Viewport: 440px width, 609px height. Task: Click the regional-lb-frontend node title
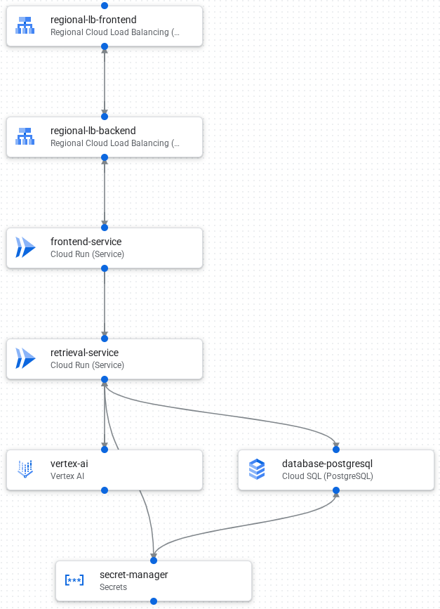pos(93,20)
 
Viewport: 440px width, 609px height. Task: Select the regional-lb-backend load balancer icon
pos(25,136)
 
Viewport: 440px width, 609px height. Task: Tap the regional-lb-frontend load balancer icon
pos(25,26)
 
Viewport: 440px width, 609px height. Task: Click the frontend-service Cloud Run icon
pos(25,247)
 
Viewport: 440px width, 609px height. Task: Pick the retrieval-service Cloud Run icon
pos(25,358)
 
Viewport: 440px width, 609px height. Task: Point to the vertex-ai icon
pos(25,469)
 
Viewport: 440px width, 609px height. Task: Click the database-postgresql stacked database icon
pos(257,469)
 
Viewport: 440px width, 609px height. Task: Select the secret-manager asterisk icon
pos(74,580)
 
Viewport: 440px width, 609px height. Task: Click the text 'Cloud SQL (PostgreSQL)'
pos(327,476)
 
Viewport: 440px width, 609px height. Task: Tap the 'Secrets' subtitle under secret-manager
pos(114,587)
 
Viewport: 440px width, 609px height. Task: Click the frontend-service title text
pos(86,242)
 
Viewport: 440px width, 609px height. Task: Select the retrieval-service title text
pos(84,353)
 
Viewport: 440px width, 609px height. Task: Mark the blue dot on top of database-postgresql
pos(336,450)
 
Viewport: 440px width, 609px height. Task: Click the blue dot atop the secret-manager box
pos(154,561)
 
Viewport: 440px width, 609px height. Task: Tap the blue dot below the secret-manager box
pos(154,601)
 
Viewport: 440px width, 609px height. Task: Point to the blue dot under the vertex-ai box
pos(105,490)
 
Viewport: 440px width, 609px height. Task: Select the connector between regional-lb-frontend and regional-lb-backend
pos(105,81)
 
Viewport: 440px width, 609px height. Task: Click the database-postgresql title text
pos(327,464)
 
